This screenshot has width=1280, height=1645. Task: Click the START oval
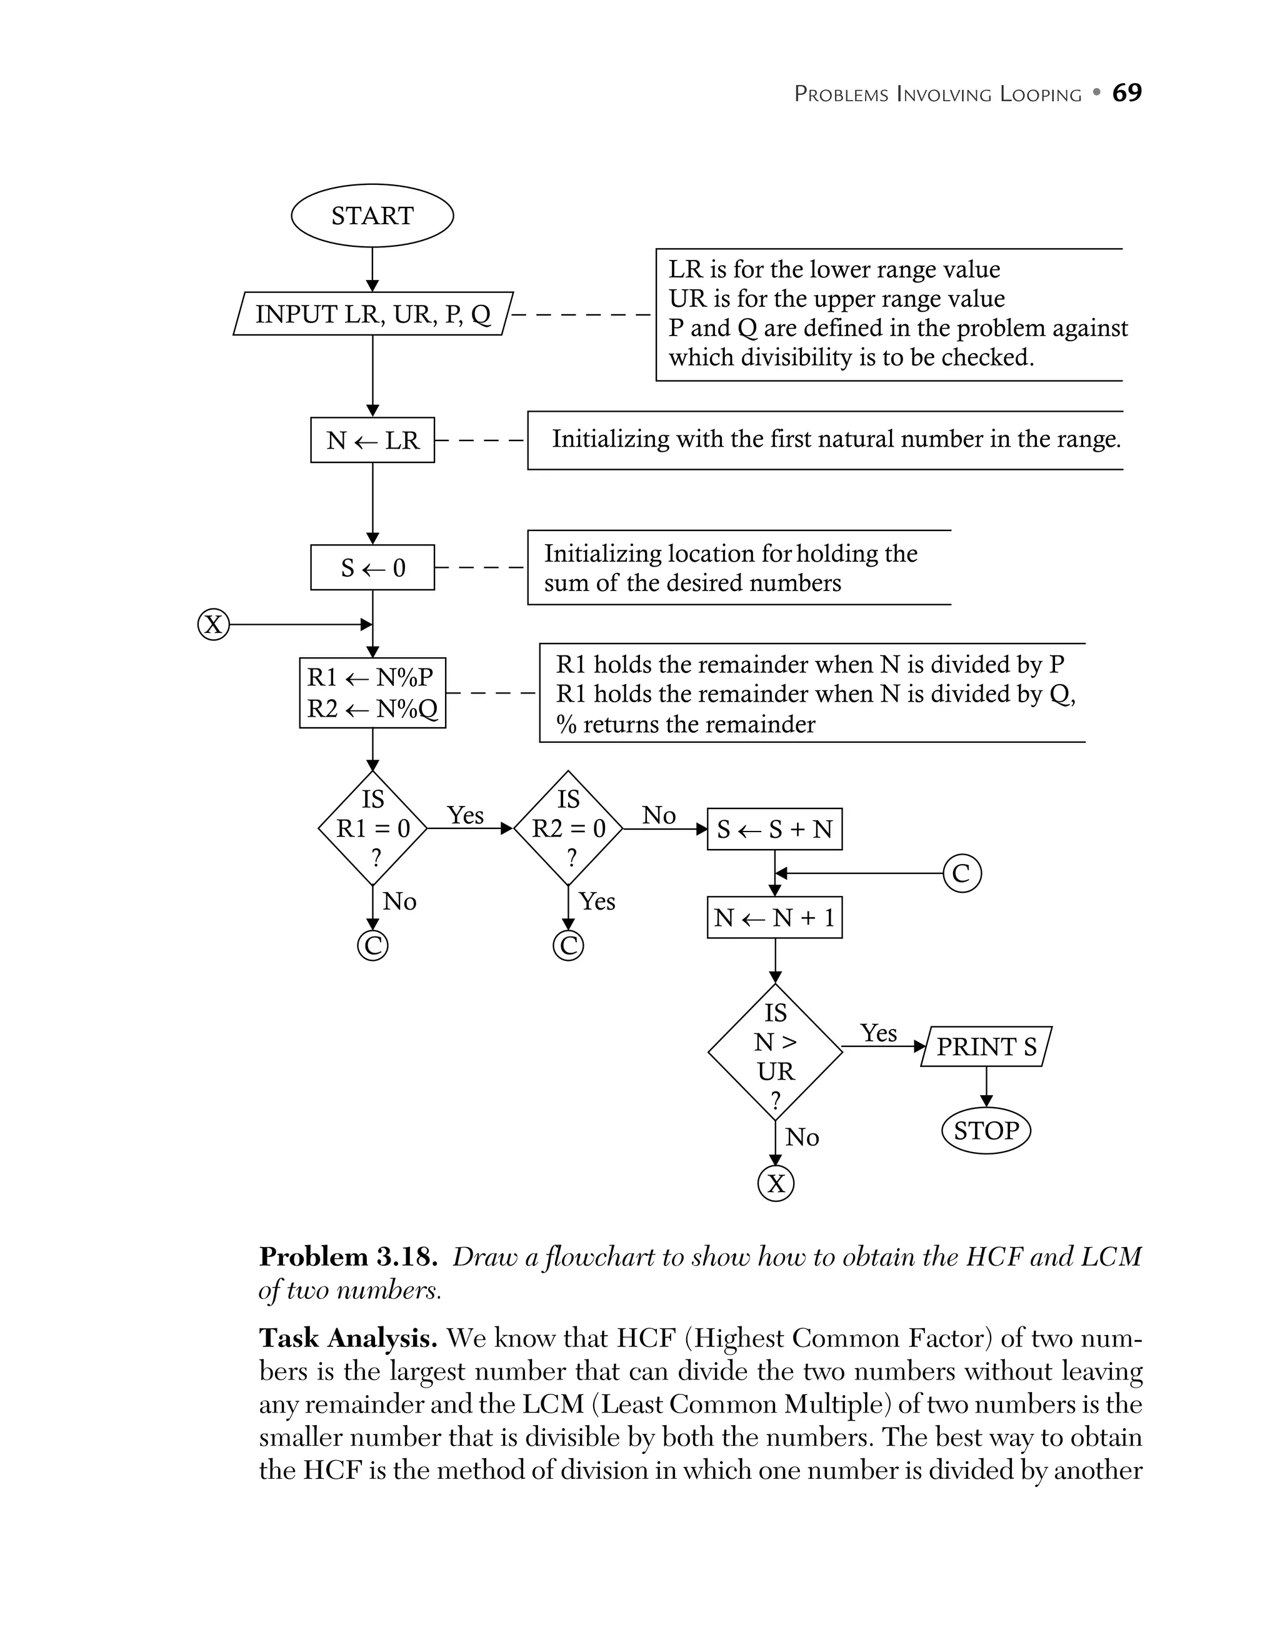(x=372, y=216)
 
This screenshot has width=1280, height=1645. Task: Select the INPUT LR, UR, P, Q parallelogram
(x=373, y=314)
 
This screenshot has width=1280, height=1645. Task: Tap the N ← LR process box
(x=372, y=440)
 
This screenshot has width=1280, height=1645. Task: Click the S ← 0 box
(x=372, y=567)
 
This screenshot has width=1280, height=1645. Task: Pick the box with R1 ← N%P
(x=372, y=693)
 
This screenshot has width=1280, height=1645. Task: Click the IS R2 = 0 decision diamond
(x=568, y=828)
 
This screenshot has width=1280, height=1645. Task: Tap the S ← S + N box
(x=774, y=829)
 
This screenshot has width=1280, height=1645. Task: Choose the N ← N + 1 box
(x=774, y=917)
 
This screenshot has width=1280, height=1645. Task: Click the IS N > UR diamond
(x=775, y=1051)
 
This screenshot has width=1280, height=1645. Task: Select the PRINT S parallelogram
(x=986, y=1046)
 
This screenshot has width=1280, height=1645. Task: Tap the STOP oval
(x=986, y=1131)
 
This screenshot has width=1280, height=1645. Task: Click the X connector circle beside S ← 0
(x=213, y=624)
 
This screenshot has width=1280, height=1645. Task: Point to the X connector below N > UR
(x=775, y=1183)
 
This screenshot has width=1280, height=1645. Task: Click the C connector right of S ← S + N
(x=962, y=873)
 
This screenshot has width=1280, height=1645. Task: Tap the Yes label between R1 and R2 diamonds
(x=465, y=815)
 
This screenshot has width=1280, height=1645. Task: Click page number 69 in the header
(x=1126, y=92)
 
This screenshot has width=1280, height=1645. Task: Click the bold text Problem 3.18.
(x=348, y=1257)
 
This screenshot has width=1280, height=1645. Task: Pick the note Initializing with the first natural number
(x=836, y=439)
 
